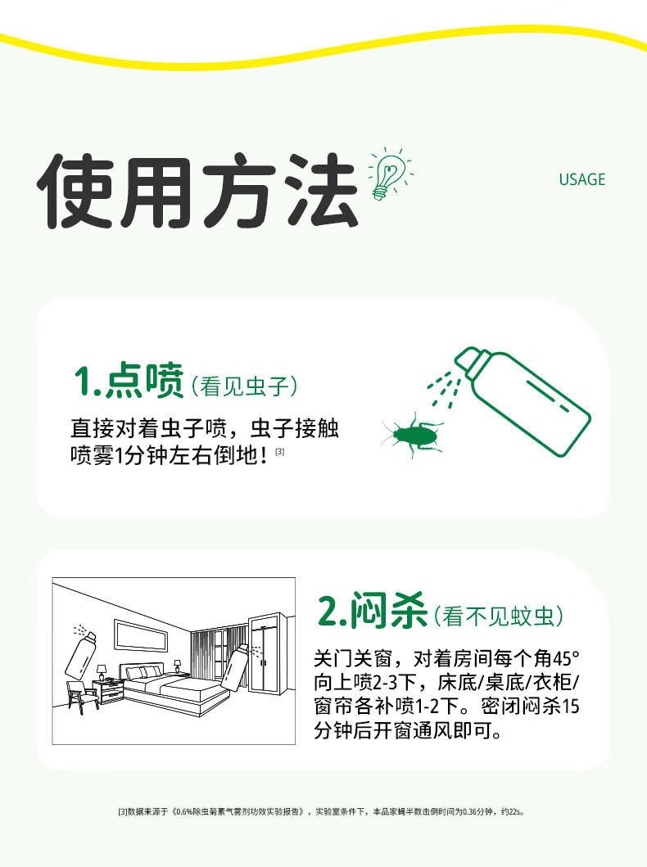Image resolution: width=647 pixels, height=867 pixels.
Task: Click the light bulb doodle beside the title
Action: [389, 174]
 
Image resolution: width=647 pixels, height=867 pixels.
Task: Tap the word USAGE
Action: [581, 179]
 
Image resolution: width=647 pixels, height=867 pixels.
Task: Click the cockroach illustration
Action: [412, 435]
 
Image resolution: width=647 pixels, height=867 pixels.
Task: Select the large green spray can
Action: [523, 401]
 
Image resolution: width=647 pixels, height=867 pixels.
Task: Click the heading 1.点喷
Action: [129, 381]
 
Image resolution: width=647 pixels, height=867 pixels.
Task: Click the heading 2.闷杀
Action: [372, 611]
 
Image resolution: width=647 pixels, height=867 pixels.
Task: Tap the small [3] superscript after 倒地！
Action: [280, 452]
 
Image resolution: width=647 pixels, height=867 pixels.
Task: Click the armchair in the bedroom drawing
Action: [82, 697]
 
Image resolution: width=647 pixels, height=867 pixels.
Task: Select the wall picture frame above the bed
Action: [141, 636]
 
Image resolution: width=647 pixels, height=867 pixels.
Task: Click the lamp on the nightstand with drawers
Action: [102, 672]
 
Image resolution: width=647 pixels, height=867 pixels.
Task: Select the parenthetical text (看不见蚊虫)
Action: [498, 616]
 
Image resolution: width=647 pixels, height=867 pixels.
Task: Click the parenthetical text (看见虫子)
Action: [244, 386]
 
